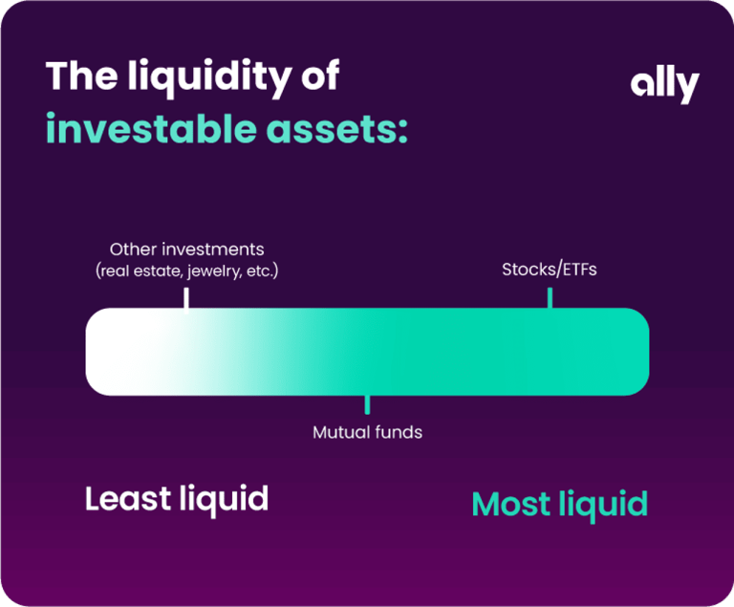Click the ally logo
(x=665, y=86)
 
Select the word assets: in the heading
(x=337, y=130)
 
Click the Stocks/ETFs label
(x=550, y=270)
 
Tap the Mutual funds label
(x=367, y=432)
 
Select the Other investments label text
(x=186, y=249)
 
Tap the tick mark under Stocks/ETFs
(x=550, y=298)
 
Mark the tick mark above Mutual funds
(x=367, y=404)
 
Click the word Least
(x=128, y=498)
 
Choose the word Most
(x=511, y=504)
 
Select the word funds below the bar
(x=399, y=432)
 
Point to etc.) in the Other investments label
(x=262, y=271)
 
